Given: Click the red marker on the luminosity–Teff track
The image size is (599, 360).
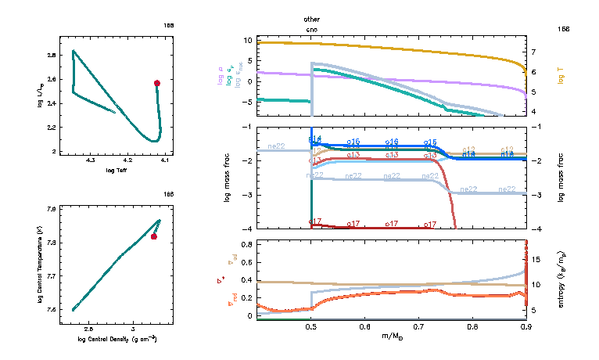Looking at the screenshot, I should tap(157, 83).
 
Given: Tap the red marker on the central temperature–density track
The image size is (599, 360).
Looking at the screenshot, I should tap(154, 236).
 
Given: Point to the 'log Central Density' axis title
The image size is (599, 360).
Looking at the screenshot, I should tap(117, 339).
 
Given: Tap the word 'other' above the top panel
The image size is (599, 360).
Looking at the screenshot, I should tap(312, 19).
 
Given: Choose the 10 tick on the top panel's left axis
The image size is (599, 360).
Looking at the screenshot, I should tap(246, 40).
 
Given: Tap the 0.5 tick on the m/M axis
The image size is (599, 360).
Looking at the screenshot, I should tap(312, 326).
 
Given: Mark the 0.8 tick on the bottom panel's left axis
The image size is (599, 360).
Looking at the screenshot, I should tap(246, 245).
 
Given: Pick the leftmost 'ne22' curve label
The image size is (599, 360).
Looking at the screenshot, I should tap(278, 146).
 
